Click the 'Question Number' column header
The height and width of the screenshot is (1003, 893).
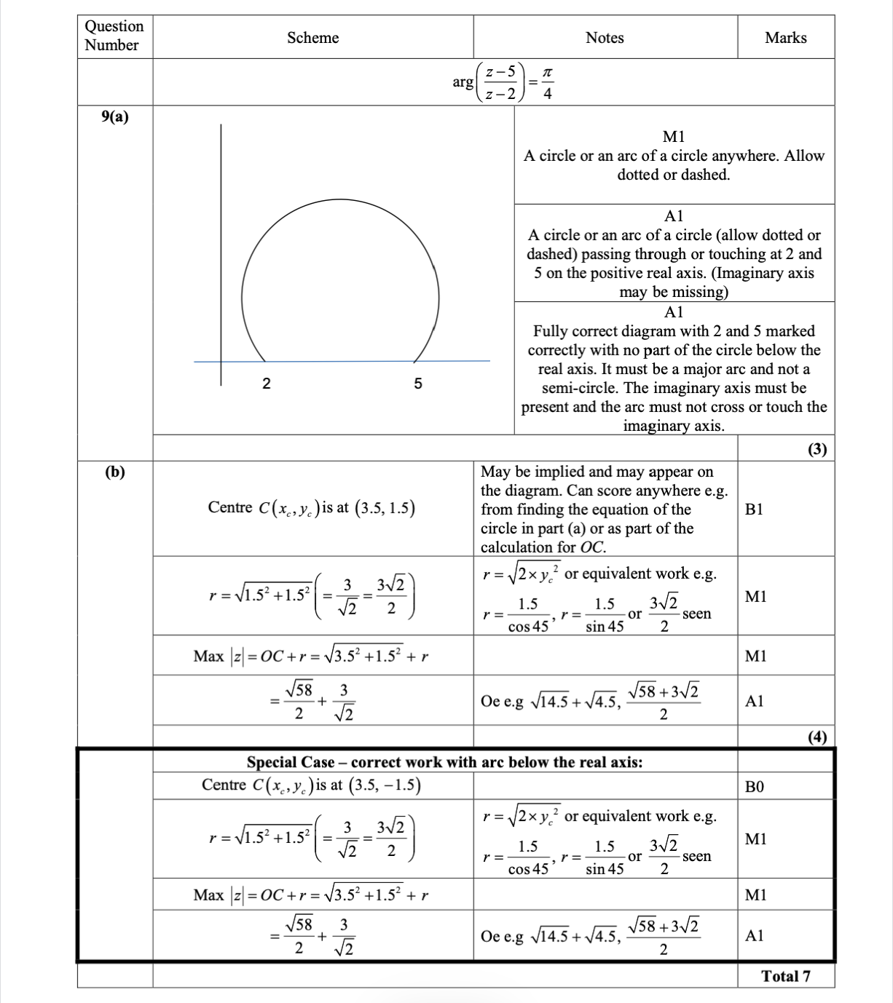[x=114, y=36]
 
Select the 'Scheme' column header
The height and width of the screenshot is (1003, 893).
[x=312, y=38]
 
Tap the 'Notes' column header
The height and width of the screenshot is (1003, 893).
[x=605, y=38]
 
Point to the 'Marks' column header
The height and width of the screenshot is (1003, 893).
[x=785, y=38]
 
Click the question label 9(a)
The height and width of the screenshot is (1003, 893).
[x=115, y=116]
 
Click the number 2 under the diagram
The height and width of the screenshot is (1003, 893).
[x=267, y=384]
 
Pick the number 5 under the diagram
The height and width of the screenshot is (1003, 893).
[x=418, y=384]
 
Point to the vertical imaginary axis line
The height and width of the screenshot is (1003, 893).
[x=221, y=255]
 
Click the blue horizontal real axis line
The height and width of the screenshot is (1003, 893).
[x=342, y=361]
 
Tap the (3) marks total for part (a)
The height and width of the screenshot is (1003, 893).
[x=817, y=449]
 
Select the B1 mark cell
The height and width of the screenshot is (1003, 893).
[x=755, y=510]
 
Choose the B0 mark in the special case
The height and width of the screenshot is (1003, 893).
[x=755, y=787]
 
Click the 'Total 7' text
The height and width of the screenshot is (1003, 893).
[x=786, y=977]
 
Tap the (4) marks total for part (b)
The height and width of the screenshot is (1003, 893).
[x=817, y=737]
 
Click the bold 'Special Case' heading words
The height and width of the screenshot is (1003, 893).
[x=291, y=762]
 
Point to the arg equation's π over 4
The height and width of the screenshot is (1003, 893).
[x=548, y=83]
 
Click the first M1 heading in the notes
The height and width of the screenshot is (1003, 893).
[x=674, y=137]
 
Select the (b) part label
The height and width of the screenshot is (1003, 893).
[x=115, y=472]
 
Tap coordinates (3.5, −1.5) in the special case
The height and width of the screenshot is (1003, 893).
[x=385, y=785]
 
